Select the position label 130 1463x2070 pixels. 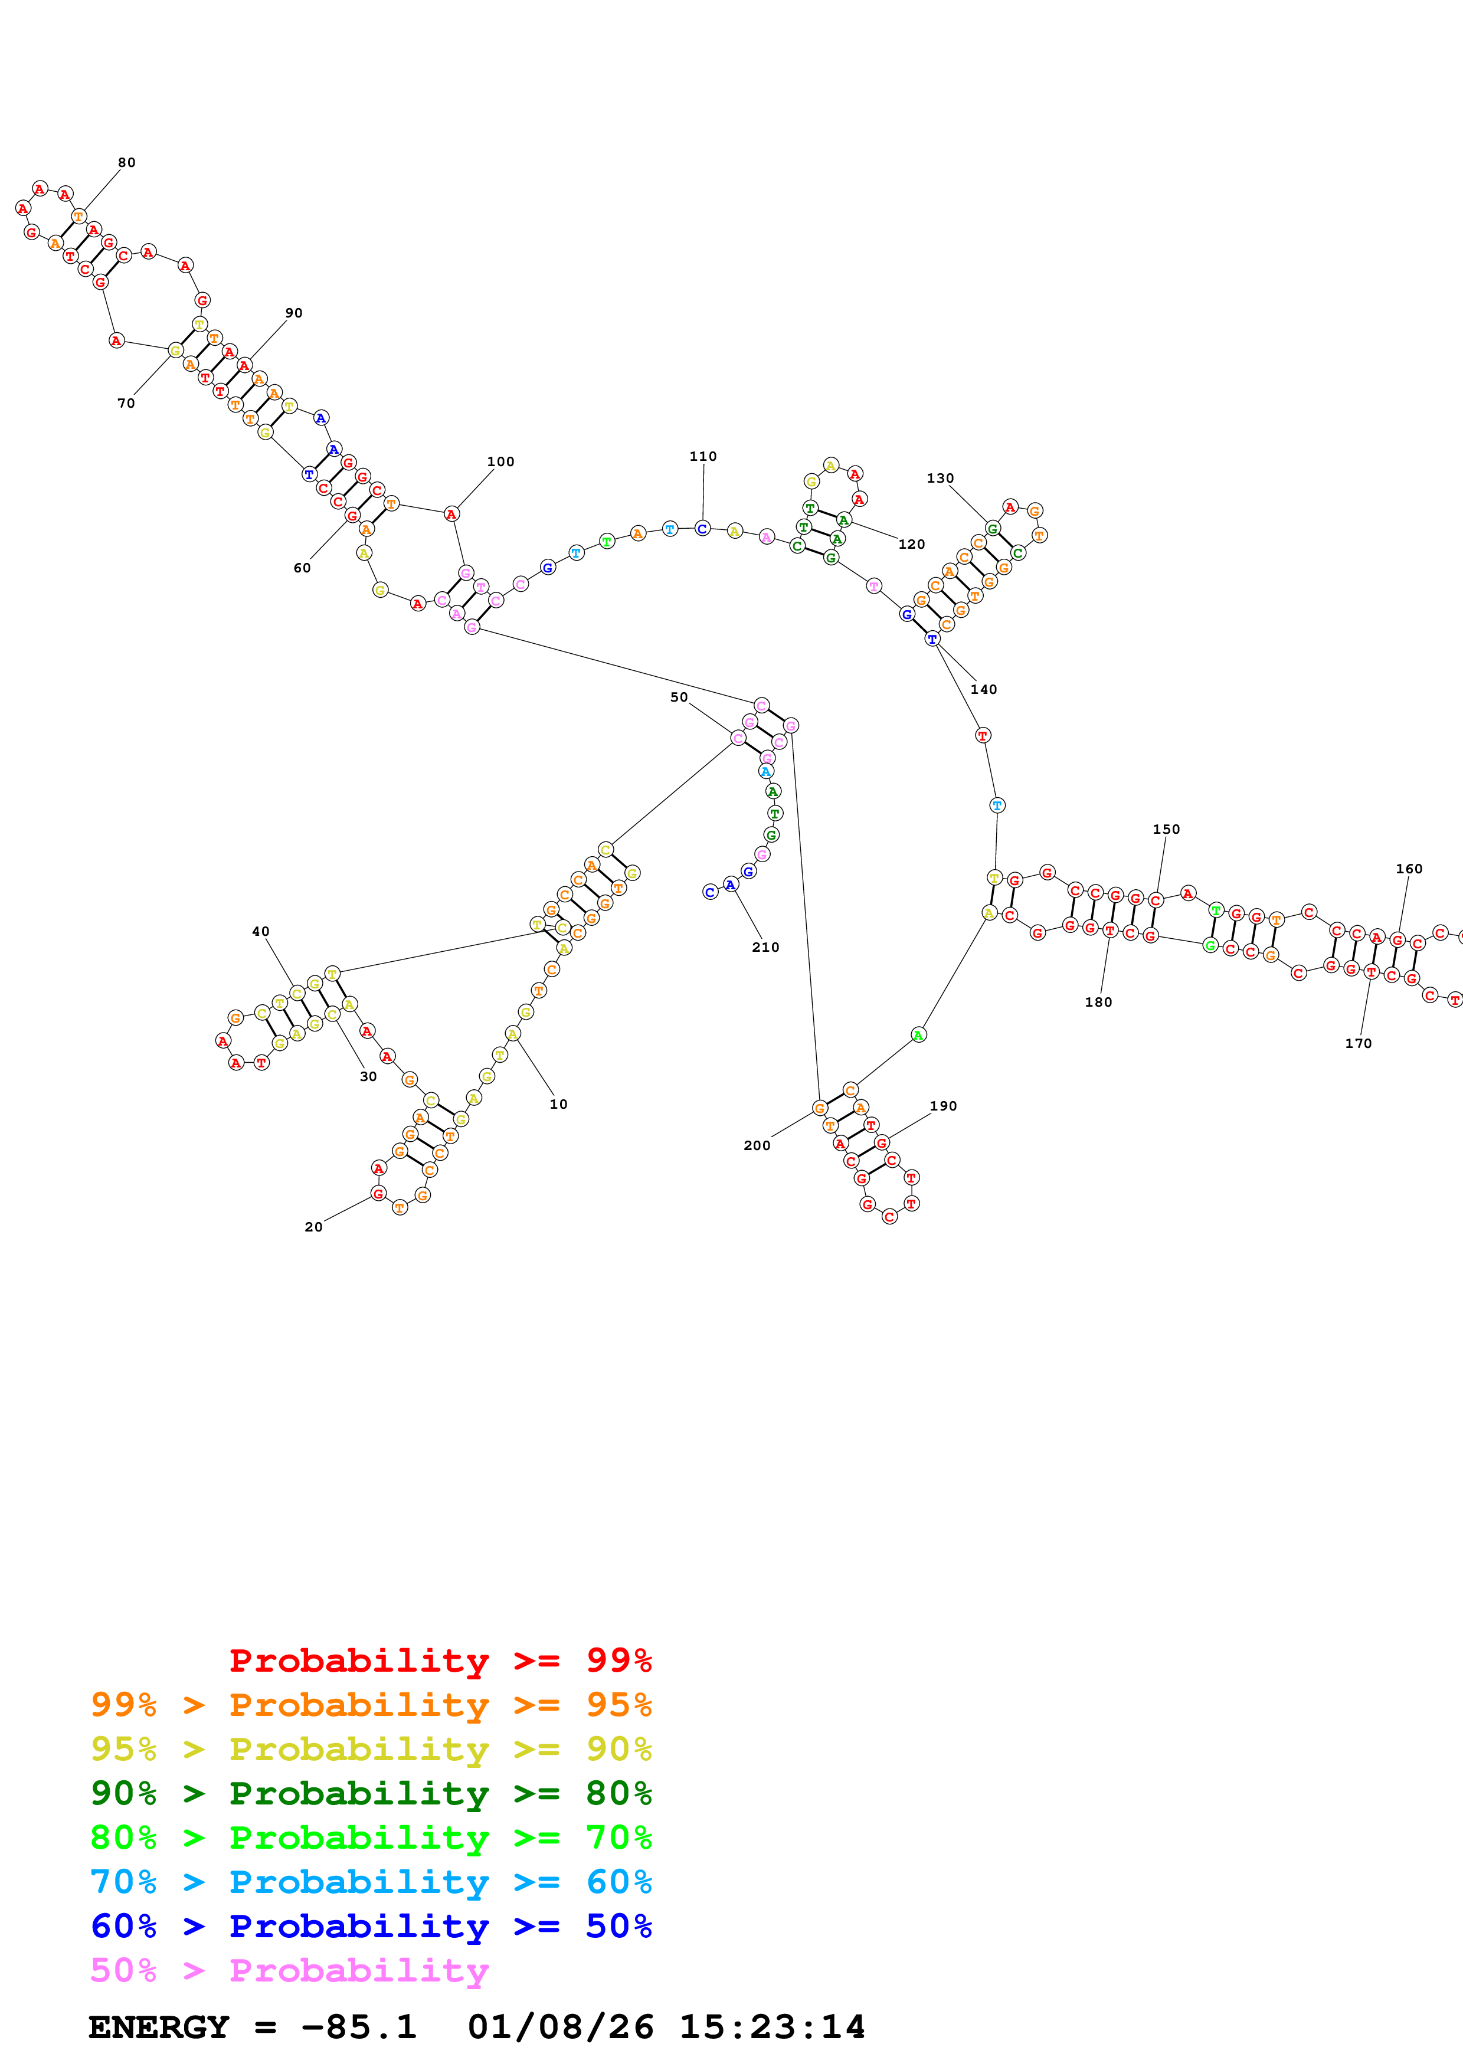[x=940, y=479]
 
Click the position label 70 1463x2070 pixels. [x=126, y=404]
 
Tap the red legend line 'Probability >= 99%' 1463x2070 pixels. [x=440, y=1660]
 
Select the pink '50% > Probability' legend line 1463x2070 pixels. [x=289, y=1971]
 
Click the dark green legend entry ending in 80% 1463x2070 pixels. [x=371, y=1793]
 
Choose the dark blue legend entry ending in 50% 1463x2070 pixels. [x=371, y=1927]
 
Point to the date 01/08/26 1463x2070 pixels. [x=560, y=2028]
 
